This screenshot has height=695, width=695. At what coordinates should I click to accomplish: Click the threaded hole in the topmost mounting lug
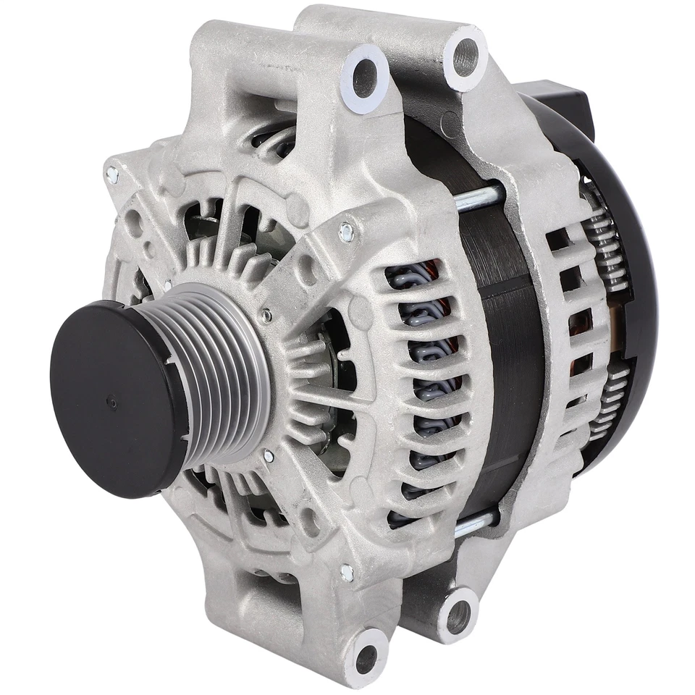click(x=463, y=54)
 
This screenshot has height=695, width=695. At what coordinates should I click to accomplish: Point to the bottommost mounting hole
click(x=368, y=655)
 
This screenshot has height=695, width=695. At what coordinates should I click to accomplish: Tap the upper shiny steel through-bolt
click(x=478, y=195)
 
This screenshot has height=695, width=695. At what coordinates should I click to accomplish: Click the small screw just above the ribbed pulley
click(x=268, y=316)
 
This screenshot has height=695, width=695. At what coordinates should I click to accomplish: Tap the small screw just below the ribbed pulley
click(x=269, y=456)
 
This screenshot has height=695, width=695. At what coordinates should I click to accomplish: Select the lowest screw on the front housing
click(x=347, y=572)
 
